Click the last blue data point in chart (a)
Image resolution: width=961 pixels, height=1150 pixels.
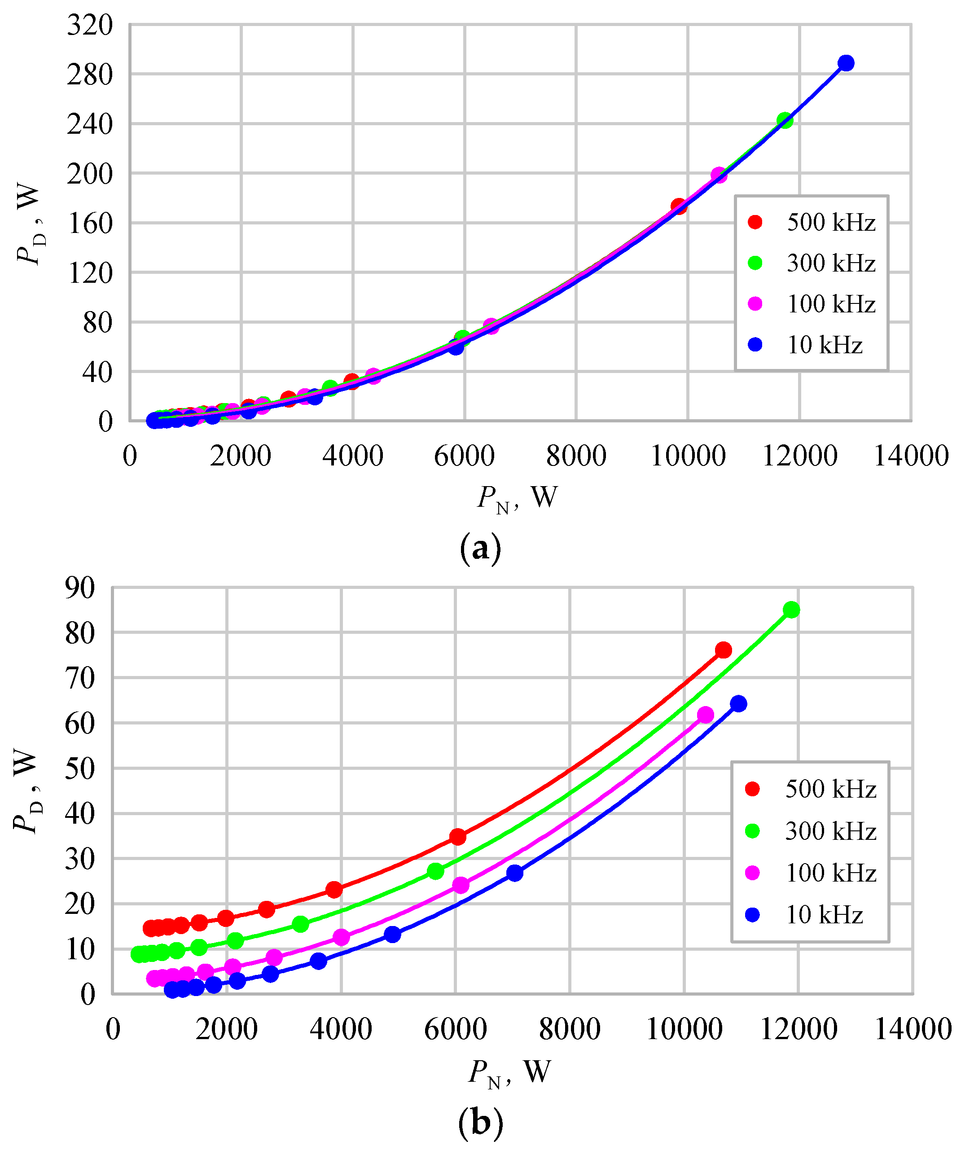point(846,63)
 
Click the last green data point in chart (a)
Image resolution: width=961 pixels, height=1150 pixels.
point(785,120)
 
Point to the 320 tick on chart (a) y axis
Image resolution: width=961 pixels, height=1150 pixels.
point(90,26)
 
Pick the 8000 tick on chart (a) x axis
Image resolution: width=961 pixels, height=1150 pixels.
point(576,456)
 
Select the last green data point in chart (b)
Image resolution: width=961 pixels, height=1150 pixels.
point(791,610)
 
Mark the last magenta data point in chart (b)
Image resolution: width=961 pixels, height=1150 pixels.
point(706,715)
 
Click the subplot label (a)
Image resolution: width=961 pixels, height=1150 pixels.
point(481,548)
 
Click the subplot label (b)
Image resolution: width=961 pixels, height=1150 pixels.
point(480,1123)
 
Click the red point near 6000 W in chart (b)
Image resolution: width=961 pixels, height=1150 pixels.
point(458,837)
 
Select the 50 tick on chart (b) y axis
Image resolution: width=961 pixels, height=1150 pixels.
point(80,768)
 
